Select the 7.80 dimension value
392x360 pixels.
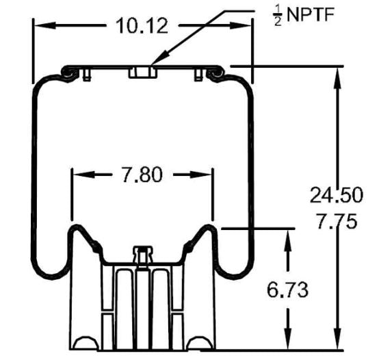(142, 175)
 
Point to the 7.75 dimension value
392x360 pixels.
(335, 222)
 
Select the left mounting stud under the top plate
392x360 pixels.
(86, 75)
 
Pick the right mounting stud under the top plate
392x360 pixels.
(198, 75)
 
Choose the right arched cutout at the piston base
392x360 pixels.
(199, 343)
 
